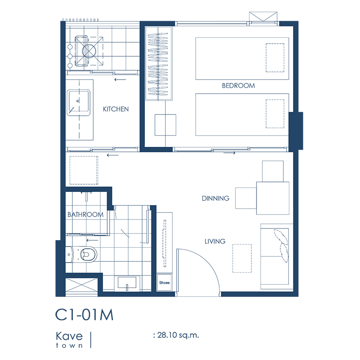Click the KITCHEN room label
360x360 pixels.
pos(116,109)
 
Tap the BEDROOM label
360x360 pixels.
pos(238,86)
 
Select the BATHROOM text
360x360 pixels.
pos(85,214)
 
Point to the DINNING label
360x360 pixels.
pos(216,198)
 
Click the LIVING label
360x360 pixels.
pos(215,241)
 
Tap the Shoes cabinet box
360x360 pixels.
pos(164,283)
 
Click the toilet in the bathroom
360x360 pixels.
pos(81,255)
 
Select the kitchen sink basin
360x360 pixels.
pos(78,103)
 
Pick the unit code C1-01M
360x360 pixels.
pos(84,314)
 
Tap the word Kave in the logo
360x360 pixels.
pos(69,336)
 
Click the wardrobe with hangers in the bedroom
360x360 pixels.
pos(158,64)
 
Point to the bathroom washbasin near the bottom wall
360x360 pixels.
pos(127,283)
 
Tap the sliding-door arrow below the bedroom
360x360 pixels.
pos(229,153)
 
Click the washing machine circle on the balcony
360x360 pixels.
pos(89,51)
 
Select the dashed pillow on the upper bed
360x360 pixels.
pos(275,58)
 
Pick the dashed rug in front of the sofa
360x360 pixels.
pos(242,258)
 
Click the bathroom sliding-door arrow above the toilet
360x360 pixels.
pos(92,241)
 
